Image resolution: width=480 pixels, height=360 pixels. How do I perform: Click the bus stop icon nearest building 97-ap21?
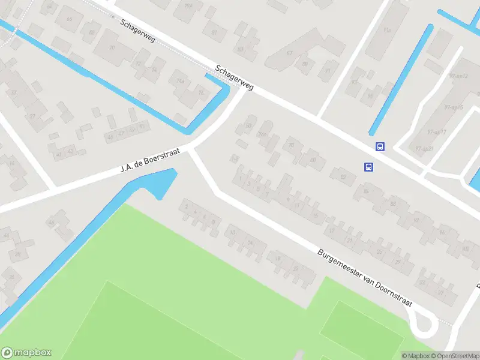point(380,146)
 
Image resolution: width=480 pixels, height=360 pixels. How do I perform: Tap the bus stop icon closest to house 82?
point(368,167)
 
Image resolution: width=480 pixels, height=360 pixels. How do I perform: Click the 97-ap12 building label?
point(458,76)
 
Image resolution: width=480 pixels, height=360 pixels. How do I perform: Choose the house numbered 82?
point(344,176)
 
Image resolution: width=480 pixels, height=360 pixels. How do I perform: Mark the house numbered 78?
point(292,145)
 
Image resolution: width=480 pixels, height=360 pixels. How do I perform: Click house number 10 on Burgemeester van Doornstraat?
point(233,232)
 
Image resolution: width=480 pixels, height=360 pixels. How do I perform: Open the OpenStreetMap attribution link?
point(454,356)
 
